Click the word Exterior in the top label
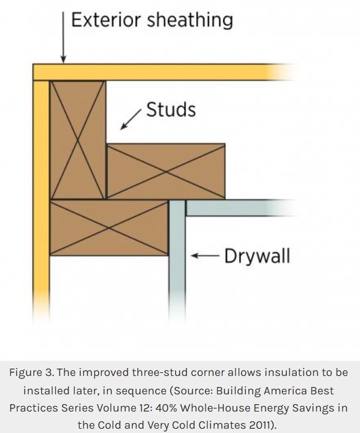click(x=106, y=20)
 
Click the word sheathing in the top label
click(x=190, y=20)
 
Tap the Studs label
click(x=171, y=110)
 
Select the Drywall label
click(x=258, y=256)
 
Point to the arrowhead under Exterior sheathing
click(x=63, y=59)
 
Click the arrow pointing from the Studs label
click(x=131, y=120)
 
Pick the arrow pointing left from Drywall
click(x=205, y=255)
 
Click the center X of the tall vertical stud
click(x=78, y=140)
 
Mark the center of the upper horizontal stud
click(x=166, y=171)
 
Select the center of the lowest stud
click(x=109, y=228)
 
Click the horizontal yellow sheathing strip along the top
click(x=163, y=72)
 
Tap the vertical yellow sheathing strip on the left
click(x=41, y=199)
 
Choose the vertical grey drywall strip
click(x=177, y=259)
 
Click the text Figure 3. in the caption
click(x=31, y=373)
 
